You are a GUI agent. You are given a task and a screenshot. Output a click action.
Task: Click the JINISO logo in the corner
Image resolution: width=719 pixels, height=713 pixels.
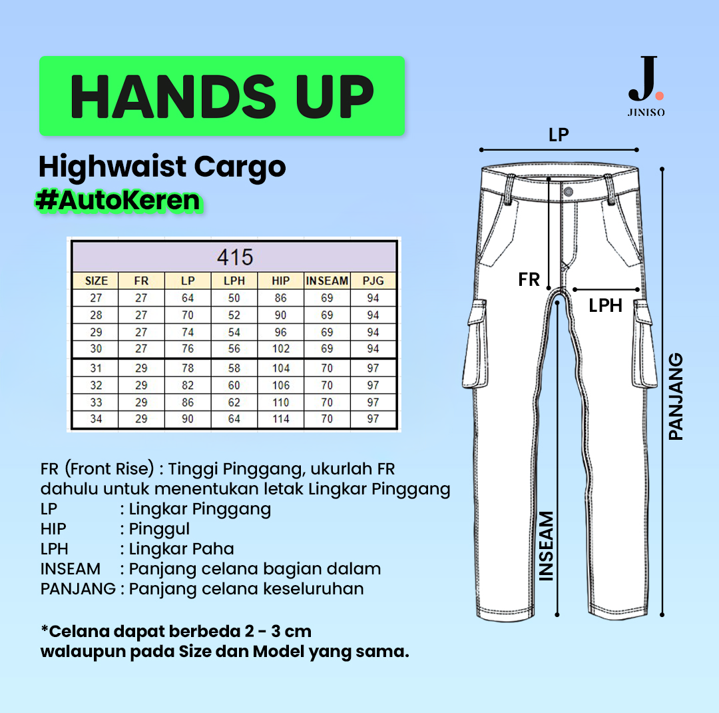(x=646, y=87)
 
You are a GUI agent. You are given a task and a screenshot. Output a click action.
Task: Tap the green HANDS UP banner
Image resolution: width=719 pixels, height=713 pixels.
(x=222, y=96)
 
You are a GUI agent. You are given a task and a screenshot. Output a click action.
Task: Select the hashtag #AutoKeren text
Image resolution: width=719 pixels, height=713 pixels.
(x=119, y=201)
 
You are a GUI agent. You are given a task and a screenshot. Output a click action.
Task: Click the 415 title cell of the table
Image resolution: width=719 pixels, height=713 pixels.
(x=235, y=257)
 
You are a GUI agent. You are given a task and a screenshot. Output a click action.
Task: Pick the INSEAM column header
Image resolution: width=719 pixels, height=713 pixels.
(x=327, y=281)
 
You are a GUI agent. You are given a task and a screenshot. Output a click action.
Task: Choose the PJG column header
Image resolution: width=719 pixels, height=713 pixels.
(x=373, y=281)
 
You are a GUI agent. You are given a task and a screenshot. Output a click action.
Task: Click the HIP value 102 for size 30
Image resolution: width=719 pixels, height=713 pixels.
(x=281, y=349)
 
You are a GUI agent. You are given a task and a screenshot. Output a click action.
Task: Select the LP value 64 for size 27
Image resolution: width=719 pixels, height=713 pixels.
(x=188, y=298)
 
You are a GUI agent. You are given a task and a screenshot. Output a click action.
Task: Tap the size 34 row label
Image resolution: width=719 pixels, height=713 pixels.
(x=96, y=418)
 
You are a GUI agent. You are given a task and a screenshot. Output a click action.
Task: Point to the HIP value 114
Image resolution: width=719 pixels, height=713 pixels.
(x=281, y=418)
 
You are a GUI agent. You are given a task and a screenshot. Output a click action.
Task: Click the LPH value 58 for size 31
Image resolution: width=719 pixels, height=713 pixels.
(x=234, y=368)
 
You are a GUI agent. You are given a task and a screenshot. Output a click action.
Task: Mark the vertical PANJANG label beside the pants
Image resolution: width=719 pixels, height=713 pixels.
(x=676, y=396)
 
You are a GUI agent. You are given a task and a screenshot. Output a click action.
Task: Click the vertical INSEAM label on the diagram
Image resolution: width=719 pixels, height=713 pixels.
(x=546, y=546)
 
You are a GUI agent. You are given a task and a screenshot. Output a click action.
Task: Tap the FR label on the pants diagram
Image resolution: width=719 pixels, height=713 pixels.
(x=529, y=280)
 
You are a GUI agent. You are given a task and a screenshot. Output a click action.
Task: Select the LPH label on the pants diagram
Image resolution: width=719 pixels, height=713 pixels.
(x=605, y=306)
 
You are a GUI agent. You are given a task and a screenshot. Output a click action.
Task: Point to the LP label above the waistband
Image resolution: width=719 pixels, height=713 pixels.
(x=559, y=135)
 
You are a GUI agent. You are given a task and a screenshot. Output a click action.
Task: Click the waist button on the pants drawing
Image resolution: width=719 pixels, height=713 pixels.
(x=568, y=192)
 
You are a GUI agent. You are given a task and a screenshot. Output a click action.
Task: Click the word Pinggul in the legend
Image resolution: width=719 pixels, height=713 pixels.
(x=159, y=529)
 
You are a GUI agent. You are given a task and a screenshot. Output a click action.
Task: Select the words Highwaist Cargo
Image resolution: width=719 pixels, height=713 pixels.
(x=162, y=167)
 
